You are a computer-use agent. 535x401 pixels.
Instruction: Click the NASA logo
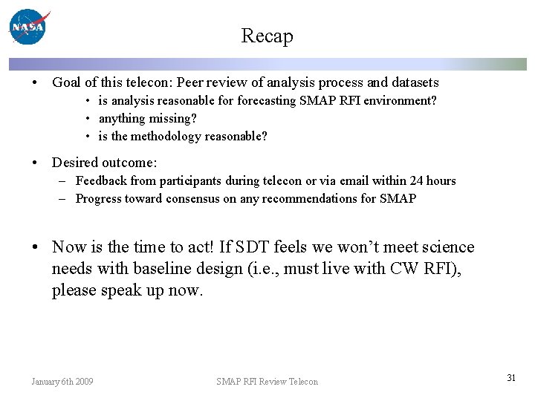pos(28,27)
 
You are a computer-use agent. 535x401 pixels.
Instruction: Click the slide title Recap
pos(267,36)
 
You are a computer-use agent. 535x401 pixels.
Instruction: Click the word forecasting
pos(267,100)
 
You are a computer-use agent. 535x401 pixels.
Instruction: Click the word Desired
pos(74,162)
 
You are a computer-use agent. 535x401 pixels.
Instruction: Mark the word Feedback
pos(101,180)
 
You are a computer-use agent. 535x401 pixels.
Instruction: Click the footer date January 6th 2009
pos(62,382)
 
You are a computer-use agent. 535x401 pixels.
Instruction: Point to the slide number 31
pos(511,378)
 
